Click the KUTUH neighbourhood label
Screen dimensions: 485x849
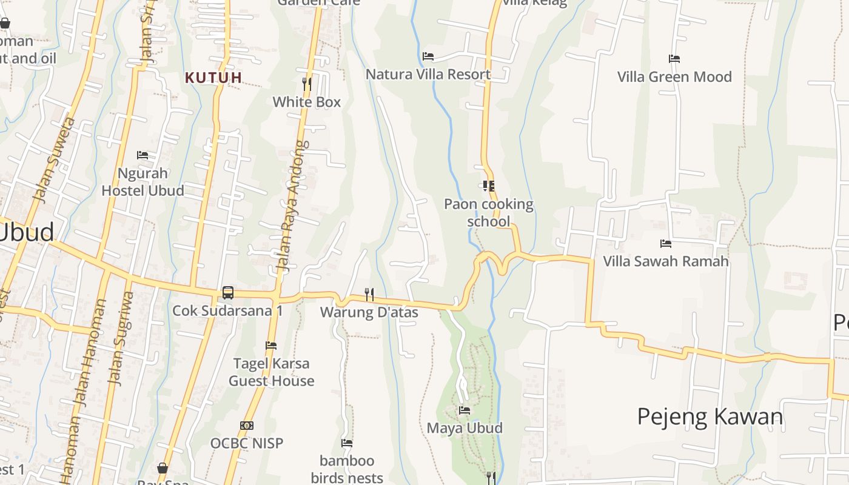click(x=213, y=78)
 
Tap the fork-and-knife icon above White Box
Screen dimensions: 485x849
click(x=307, y=84)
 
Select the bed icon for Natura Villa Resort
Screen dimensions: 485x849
click(x=428, y=56)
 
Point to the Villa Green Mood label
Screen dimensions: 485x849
click(x=674, y=77)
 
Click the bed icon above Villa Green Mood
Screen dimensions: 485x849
click(x=674, y=59)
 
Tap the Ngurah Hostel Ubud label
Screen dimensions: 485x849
click(x=143, y=182)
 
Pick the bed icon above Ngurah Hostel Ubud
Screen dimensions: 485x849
click(x=143, y=155)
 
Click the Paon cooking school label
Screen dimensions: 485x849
click(x=489, y=213)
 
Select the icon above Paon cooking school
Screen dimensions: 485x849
click(x=489, y=186)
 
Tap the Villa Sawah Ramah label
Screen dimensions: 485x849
click(x=666, y=261)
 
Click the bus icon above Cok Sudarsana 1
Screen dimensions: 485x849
click(x=228, y=292)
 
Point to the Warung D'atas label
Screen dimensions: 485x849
click(x=369, y=313)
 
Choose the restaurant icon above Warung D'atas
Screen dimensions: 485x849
click(x=369, y=294)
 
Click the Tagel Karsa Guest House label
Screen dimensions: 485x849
click(x=272, y=372)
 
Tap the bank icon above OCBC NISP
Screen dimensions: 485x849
click(x=247, y=426)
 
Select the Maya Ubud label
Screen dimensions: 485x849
click(x=465, y=428)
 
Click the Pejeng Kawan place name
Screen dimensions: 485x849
click(x=710, y=416)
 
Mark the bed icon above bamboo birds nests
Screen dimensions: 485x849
click(x=347, y=443)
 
